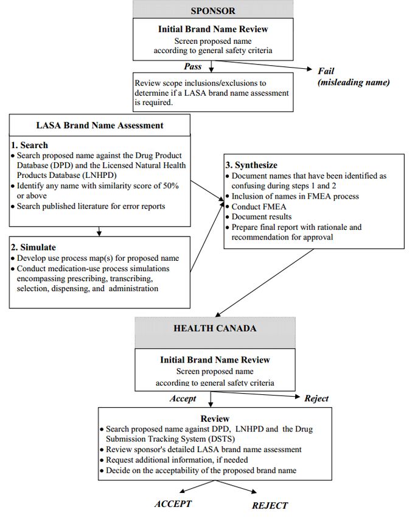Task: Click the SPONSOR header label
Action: (213, 10)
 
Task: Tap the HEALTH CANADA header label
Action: (215, 328)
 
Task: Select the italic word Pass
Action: (193, 66)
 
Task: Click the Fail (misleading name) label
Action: (354, 76)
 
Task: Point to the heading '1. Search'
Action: (29, 145)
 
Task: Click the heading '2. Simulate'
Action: (33, 247)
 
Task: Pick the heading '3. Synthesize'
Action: (251, 165)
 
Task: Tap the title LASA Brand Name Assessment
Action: (100, 125)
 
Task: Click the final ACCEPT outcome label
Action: (173, 503)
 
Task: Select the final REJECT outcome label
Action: (270, 505)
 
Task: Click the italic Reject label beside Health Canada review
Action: (316, 399)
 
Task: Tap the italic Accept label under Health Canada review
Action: (183, 399)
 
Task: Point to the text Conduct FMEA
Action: (259, 207)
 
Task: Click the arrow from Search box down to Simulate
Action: (99, 231)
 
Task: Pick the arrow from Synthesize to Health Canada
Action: (265, 283)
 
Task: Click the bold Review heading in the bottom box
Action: (215, 419)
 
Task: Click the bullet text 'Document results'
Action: (262, 217)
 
